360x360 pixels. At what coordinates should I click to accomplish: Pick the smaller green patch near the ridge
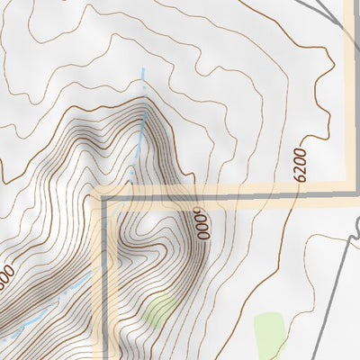[x=159, y=309]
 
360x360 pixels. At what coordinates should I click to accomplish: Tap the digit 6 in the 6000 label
[x=204, y=236]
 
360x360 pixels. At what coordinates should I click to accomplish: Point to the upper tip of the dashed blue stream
[x=141, y=70]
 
